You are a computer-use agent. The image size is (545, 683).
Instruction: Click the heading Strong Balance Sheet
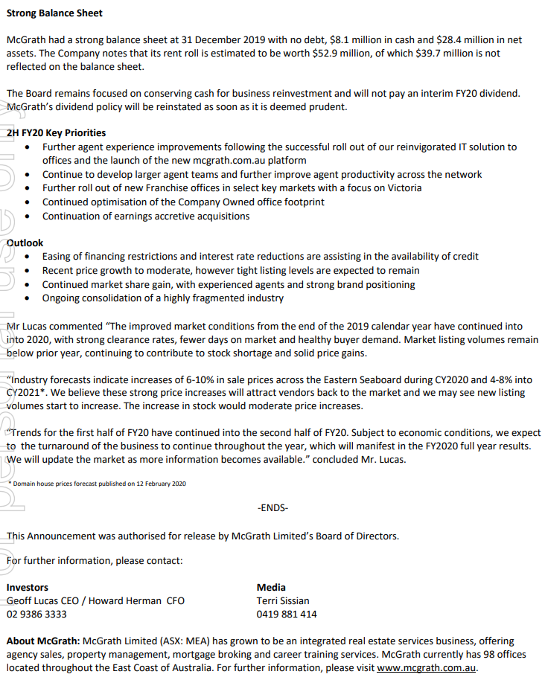pyautogui.click(x=54, y=13)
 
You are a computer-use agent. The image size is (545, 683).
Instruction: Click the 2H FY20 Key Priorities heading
pyautogui.click(x=56, y=132)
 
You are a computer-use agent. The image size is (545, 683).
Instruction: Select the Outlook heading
pyautogui.click(x=25, y=243)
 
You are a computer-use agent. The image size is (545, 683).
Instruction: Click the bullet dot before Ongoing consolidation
pyautogui.click(x=28, y=298)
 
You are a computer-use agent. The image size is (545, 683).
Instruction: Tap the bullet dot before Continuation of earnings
pyautogui.click(x=28, y=217)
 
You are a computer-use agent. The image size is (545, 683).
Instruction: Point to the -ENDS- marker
pyautogui.click(x=272, y=507)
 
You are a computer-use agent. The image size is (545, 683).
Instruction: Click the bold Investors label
pyautogui.click(x=27, y=587)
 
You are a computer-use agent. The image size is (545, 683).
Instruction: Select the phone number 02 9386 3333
pyautogui.click(x=36, y=614)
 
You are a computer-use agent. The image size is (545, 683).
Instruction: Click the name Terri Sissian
pyautogui.click(x=283, y=600)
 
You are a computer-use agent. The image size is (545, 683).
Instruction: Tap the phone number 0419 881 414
pyautogui.click(x=286, y=614)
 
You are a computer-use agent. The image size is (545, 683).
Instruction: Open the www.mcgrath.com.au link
pyautogui.click(x=426, y=668)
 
